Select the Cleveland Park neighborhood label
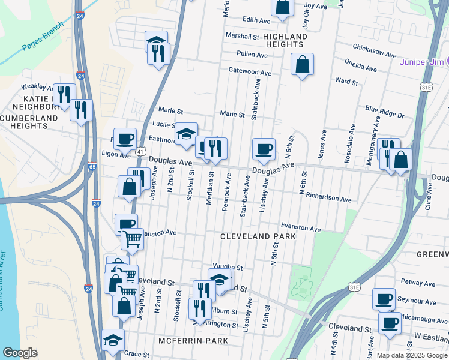(x=258, y=236)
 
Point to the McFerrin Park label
(x=193, y=341)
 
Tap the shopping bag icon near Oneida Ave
(x=303, y=64)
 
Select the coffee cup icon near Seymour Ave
(x=384, y=299)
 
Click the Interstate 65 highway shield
(x=91, y=167)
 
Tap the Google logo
(x=20, y=353)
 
